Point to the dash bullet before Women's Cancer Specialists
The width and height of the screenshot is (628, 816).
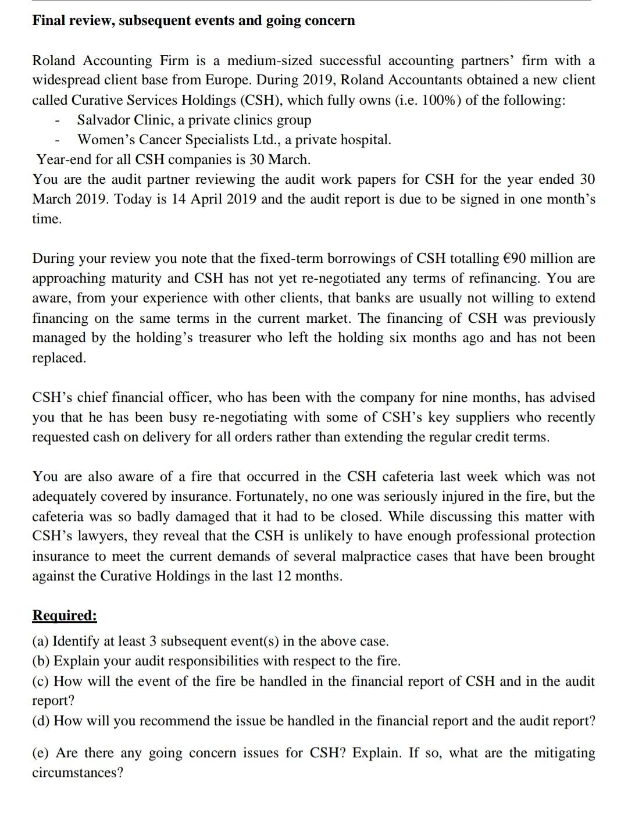click(x=57, y=140)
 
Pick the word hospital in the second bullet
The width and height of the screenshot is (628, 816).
click(x=365, y=140)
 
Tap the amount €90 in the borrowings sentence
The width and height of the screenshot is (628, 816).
click(x=513, y=258)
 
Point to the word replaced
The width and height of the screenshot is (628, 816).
click(x=59, y=358)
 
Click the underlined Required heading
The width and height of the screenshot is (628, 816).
click(x=65, y=615)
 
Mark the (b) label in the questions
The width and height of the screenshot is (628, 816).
click(x=41, y=661)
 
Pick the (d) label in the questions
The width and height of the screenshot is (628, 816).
click(x=41, y=721)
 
